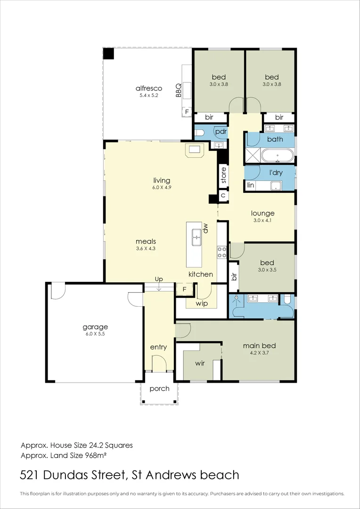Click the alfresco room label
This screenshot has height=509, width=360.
coord(149,88)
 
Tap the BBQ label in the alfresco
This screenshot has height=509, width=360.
coord(178,90)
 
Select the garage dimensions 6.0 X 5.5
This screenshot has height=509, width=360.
coord(95,333)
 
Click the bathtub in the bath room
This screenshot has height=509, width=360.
coord(278,156)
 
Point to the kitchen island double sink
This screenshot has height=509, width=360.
coord(196,237)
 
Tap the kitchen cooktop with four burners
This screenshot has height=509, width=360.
coord(222,252)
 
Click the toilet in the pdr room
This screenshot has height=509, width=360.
coord(199,132)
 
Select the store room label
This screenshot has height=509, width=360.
coord(223,175)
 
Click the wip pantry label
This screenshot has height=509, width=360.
coord(202,304)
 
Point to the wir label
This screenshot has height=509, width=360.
coord(200,363)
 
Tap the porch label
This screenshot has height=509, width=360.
coord(159,388)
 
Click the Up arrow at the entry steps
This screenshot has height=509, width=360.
coord(159,287)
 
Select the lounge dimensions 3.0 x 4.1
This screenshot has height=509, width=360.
coord(263,220)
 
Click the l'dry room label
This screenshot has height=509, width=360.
coord(276,172)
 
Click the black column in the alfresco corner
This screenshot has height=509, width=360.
coord(109,54)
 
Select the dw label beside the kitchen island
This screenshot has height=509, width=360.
coord(205,229)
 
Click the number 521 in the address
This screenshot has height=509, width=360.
coord(30,475)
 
